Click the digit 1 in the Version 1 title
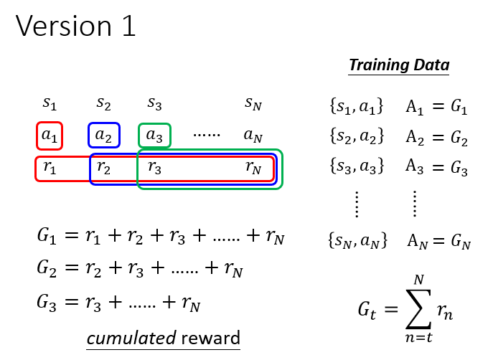pyautogui.click(x=128, y=26)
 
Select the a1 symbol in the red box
pyautogui.click(x=50, y=136)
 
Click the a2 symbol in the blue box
pyautogui.click(x=103, y=136)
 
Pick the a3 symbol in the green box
pyautogui.click(x=154, y=136)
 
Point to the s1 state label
pyautogui.click(x=50, y=103)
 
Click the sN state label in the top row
pyautogui.click(x=253, y=103)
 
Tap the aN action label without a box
pyautogui.click(x=253, y=136)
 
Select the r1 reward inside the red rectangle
pyautogui.click(x=50, y=167)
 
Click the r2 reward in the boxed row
pyautogui.click(x=103, y=167)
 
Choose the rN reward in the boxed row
pyautogui.click(x=253, y=167)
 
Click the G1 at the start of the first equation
pyautogui.click(x=47, y=236)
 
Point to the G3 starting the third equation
pyautogui.click(x=47, y=303)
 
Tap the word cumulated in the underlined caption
pyautogui.click(x=131, y=338)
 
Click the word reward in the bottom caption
pyautogui.click(x=210, y=338)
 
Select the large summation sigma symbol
pyautogui.click(x=418, y=309)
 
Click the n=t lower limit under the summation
pyautogui.click(x=419, y=337)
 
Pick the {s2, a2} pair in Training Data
pyautogui.click(x=357, y=137)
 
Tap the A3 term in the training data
pyautogui.click(x=415, y=166)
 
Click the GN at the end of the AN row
pyautogui.click(x=461, y=242)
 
